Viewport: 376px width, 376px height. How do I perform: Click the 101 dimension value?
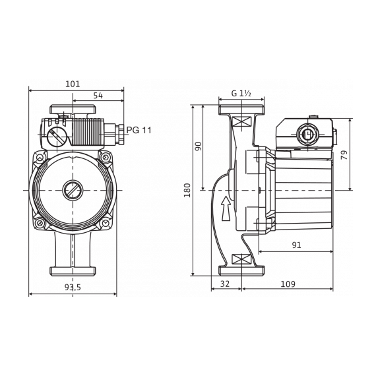click(x=73, y=84)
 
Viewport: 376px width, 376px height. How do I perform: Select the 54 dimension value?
click(x=98, y=96)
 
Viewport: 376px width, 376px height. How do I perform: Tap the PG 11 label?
click(x=139, y=130)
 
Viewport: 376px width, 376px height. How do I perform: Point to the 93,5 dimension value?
click(x=73, y=287)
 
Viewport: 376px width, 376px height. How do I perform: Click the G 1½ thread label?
click(x=241, y=93)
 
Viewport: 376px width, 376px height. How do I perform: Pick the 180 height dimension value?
click(x=187, y=190)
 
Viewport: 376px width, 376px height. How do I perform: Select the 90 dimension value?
click(x=199, y=146)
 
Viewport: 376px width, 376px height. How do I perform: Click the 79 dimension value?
click(x=344, y=155)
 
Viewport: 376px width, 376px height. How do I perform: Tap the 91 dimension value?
click(x=296, y=245)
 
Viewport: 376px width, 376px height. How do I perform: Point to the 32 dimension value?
click(x=225, y=284)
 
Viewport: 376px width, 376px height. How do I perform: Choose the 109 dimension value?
click(x=288, y=284)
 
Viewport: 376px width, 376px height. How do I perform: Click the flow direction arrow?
click(x=226, y=208)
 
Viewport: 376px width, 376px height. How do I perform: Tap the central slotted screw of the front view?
click(x=73, y=190)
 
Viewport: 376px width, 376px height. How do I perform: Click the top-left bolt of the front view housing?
click(x=40, y=158)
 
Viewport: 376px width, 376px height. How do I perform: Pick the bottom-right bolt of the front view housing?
click(x=106, y=223)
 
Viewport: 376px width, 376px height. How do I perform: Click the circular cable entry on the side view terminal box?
click(x=307, y=135)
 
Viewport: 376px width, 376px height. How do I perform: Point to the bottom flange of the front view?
click(x=73, y=271)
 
